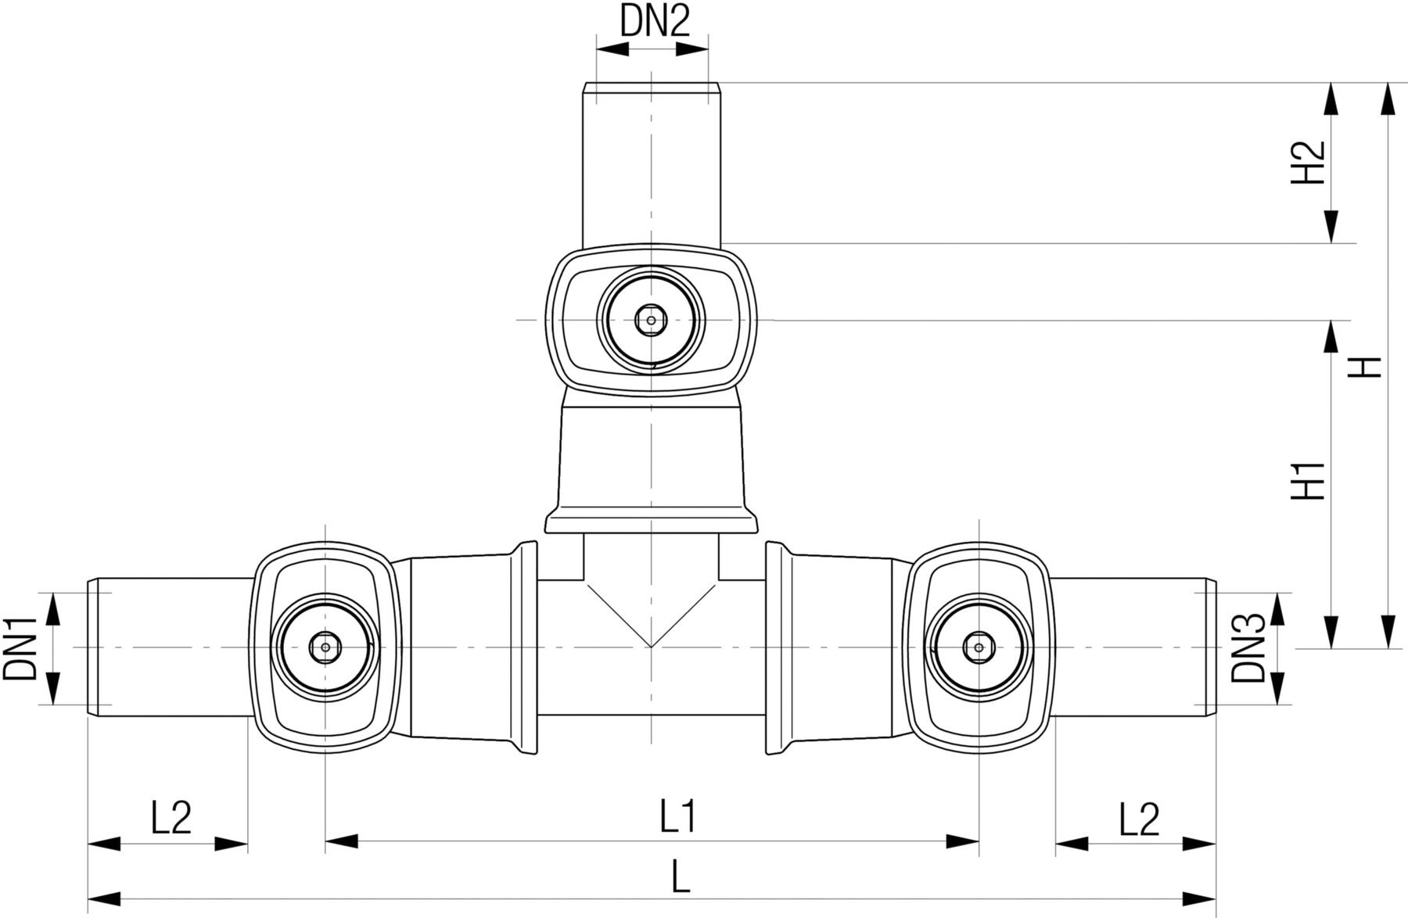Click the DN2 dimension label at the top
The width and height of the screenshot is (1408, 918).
click(656, 22)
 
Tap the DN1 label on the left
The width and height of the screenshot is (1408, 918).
click(21, 648)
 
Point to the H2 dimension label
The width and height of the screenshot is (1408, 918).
click(1307, 163)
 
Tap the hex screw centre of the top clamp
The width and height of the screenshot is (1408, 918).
click(650, 319)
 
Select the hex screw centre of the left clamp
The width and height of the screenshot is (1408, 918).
click(325, 647)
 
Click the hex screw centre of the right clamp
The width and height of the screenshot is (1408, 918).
click(977, 647)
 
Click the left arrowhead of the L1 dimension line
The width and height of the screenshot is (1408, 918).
click(341, 842)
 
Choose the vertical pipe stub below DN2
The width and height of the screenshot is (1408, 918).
click(651, 164)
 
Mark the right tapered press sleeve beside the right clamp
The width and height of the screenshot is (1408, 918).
click(841, 647)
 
